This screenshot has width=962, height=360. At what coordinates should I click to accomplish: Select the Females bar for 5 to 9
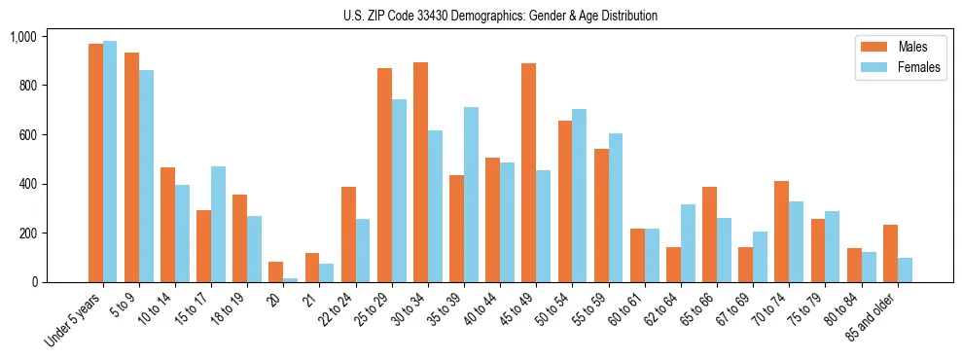[x=146, y=176]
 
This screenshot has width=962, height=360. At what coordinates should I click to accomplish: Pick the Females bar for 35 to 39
[x=471, y=195]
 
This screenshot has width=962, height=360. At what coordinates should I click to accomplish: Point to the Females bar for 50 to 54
[x=579, y=196]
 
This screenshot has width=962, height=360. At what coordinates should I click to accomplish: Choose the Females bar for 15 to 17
[x=218, y=224]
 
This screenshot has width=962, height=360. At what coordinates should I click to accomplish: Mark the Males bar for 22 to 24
[x=348, y=234]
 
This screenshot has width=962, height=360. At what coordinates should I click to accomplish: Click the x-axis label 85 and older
[x=874, y=317]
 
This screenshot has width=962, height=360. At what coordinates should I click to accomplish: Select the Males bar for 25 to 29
[x=384, y=175]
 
